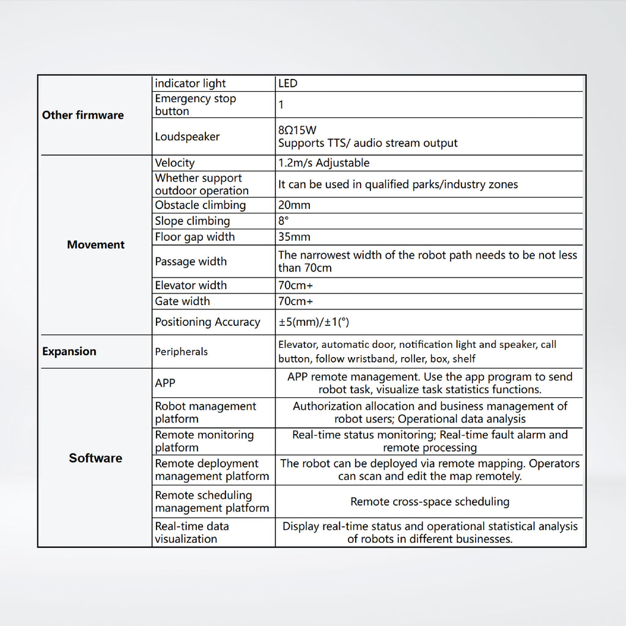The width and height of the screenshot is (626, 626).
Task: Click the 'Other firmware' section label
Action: click(x=83, y=115)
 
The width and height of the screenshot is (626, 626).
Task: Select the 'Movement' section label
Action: click(x=95, y=245)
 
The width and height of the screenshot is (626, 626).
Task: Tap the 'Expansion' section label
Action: click(x=69, y=352)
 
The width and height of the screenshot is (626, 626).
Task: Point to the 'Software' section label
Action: click(x=95, y=458)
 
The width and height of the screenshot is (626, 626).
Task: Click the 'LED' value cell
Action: click(x=288, y=83)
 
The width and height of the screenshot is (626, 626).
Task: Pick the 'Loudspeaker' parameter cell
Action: click(x=187, y=136)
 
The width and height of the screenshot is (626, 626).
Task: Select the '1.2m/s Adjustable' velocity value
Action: click(x=323, y=163)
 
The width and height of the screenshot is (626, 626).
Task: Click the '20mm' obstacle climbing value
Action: click(x=294, y=205)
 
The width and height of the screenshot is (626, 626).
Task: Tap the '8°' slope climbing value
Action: click(x=283, y=221)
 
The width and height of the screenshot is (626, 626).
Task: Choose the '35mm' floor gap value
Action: click(x=294, y=237)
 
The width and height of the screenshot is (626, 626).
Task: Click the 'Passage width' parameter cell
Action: click(x=191, y=262)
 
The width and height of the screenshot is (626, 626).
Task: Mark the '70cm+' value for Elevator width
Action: click(x=296, y=285)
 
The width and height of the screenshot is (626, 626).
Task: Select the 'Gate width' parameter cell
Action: click(x=182, y=301)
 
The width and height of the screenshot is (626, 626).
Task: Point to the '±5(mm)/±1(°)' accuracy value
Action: click(x=314, y=322)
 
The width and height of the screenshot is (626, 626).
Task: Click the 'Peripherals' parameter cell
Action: click(x=181, y=352)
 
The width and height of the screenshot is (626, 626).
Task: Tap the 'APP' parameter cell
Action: click(x=165, y=383)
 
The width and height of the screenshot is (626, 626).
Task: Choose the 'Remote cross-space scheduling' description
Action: click(x=430, y=501)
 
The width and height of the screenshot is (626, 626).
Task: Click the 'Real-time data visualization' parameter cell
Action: click(x=191, y=532)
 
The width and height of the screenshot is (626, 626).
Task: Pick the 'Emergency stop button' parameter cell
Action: click(x=195, y=105)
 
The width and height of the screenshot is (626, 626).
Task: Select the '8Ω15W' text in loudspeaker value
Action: click(x=297, y=130)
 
